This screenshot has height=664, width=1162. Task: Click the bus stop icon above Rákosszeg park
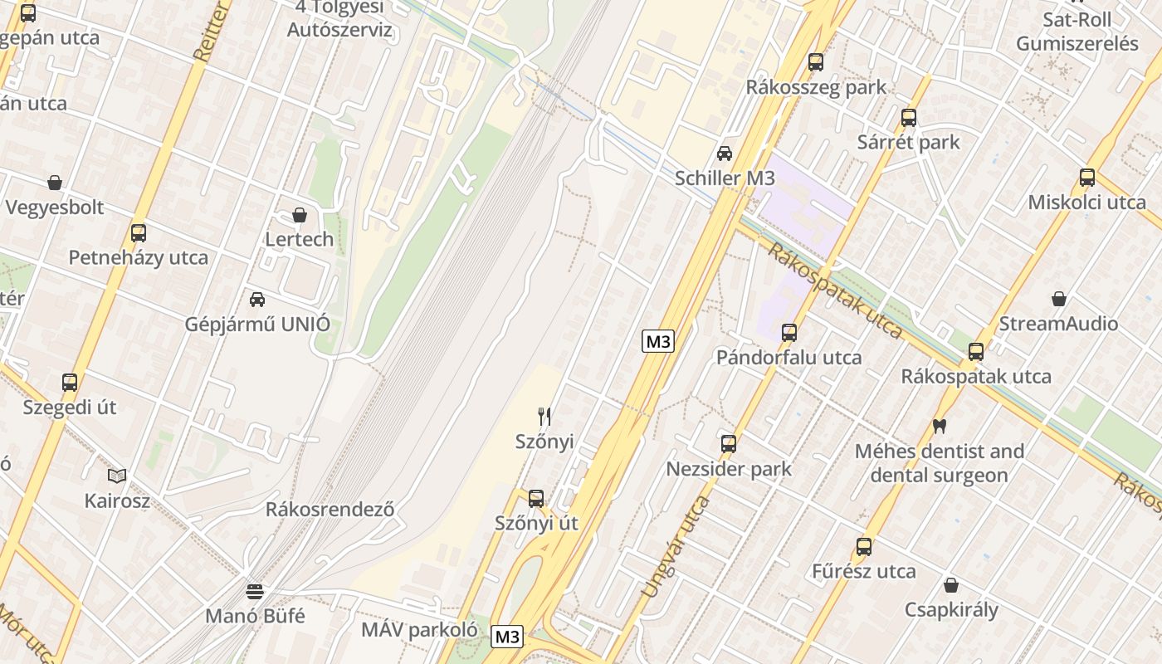pyautogui.click(x=816, y=62)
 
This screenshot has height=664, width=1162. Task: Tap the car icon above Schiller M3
pyautogui.click(x=725, y=154)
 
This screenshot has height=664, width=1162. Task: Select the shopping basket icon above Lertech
pyautogui.click(x=300, y=215)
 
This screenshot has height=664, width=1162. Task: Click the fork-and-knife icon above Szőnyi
pyautogui.click(x=544, y=416)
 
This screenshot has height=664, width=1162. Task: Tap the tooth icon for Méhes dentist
pyautogui.click(x=940, y=427)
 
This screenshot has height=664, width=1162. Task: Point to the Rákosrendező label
pyautogui.click(x=330, y=509)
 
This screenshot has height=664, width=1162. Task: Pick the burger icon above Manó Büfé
pyautogui.click(x=255, y=592)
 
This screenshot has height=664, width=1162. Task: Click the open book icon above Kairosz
pyautogui.click(x=117, y=476)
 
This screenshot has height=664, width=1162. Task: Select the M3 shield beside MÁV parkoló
pyautogui.click(x=507, y=637)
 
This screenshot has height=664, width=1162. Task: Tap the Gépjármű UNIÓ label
pyautogui.click(x=257, y=324)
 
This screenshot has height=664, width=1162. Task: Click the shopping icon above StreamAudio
pyautogui.click(x=1059, y=299)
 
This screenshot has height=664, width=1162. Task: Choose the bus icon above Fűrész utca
pyautogui.click(x=864, y=547)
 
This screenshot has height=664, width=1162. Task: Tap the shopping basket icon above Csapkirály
pyautogui.click(x=951, y=585)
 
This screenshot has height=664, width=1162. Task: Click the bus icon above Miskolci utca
pyautogui.click(x=1087, y=178)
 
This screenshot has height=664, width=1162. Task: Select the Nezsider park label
pyautogui.click(x=729, y=469)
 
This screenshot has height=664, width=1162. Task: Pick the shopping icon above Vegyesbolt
pyautogui.click(x=55, y=183)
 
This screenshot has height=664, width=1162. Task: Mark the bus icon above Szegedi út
pyautogui.click(x=70, y=383)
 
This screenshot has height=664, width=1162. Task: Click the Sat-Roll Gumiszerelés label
pyautogui.click(x=1077, y=32)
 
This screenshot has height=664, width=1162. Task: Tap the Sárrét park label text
pyautogui.click(x=908, y=142)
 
